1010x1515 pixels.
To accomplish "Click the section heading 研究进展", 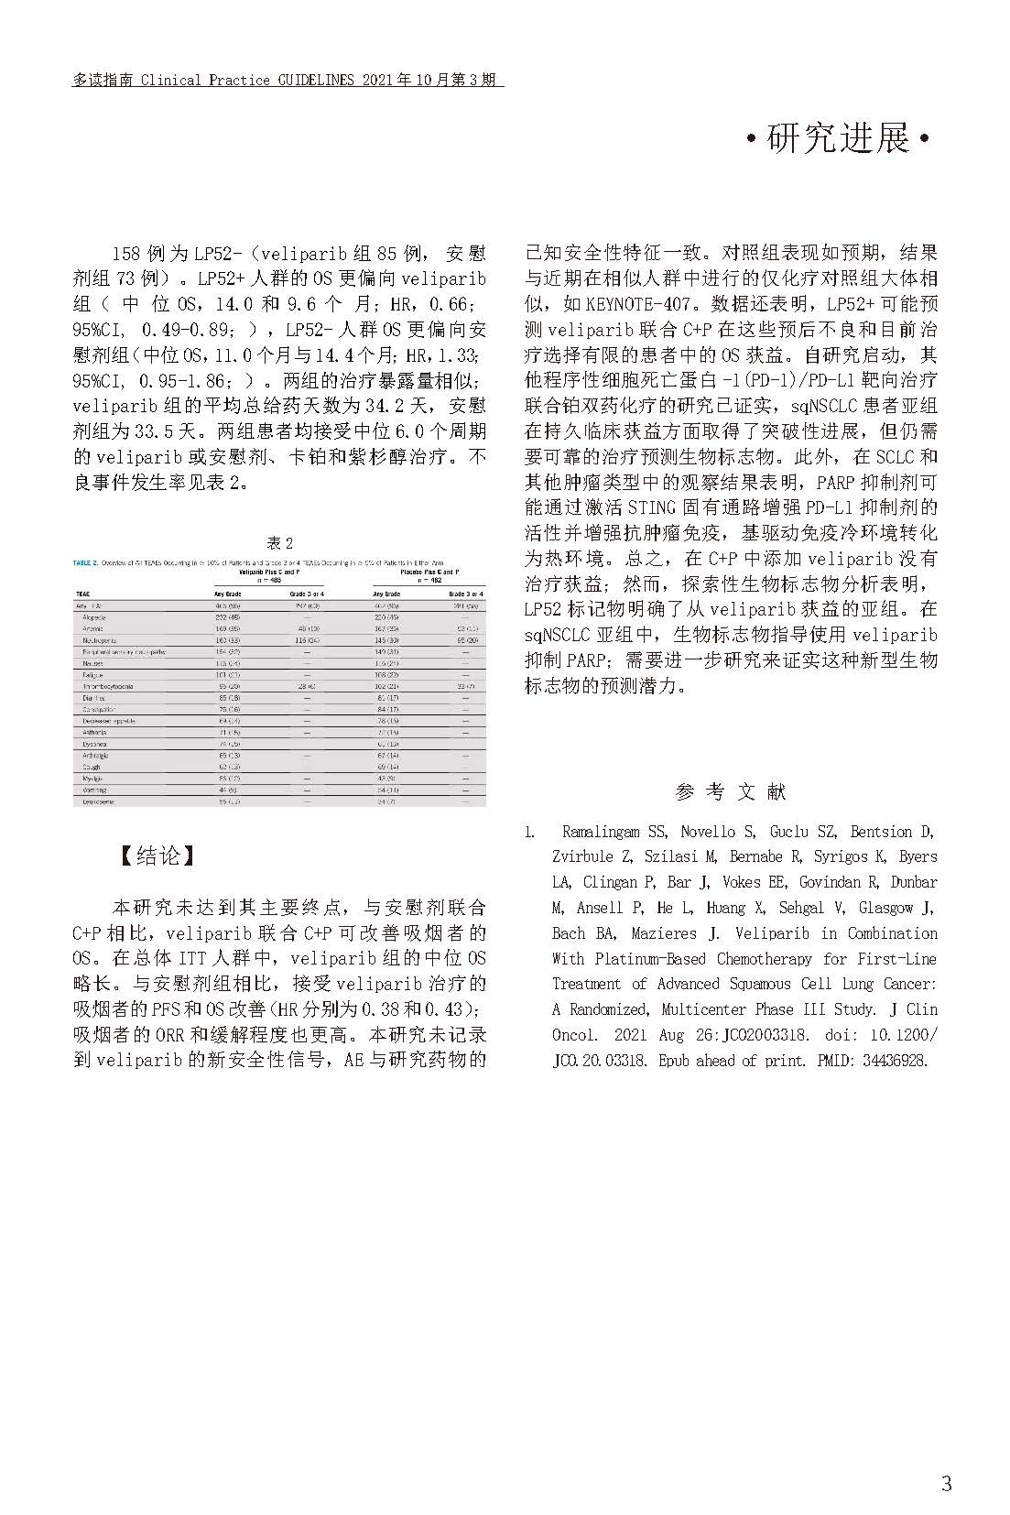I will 838,139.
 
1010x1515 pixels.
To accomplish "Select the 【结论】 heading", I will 158,856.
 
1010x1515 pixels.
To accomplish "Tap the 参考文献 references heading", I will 730,791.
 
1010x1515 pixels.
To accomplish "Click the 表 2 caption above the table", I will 279,542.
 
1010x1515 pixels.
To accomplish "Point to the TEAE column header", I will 83,594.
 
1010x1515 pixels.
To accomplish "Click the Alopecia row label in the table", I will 95,617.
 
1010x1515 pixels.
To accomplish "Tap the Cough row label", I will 92,767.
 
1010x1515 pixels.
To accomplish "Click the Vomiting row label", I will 94,790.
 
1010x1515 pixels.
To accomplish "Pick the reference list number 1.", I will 529,832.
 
